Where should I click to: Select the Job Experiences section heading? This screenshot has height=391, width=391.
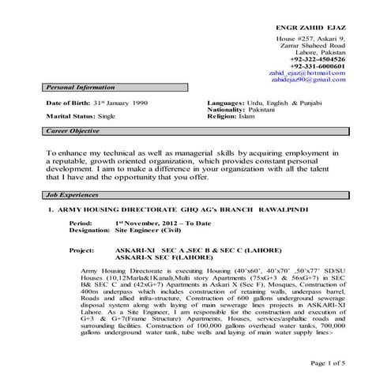tap(73, 194)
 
